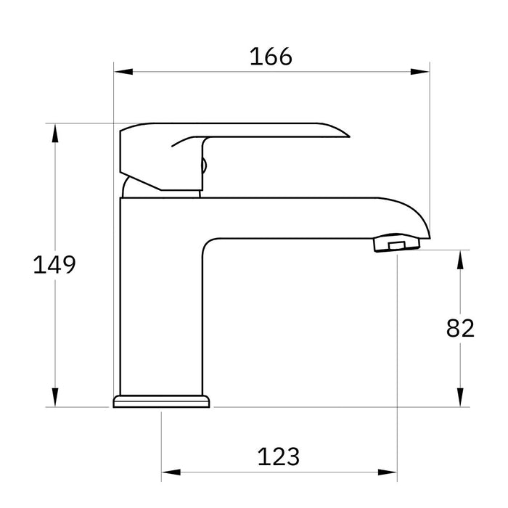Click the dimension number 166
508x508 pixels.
[271, 56]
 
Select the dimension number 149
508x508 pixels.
[54, 265]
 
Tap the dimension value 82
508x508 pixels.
[459, 328]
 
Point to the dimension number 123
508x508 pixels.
[278, 456]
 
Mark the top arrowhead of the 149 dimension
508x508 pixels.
[55, 133]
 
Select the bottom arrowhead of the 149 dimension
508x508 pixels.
[55, 398]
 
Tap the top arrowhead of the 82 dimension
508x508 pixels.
[459, 259]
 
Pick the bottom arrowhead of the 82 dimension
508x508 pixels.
[459, 398]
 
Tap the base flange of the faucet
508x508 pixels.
[161, 401]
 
